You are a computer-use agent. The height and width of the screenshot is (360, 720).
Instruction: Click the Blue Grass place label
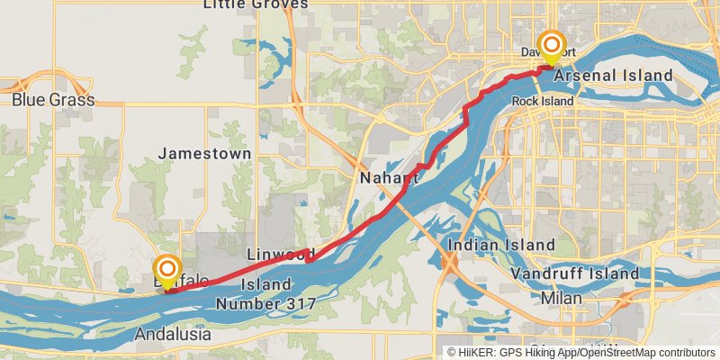[x=53, y=100]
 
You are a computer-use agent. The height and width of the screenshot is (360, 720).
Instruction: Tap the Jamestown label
[x=204, y=154]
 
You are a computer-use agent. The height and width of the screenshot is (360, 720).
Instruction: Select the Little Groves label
[x=256, y=4]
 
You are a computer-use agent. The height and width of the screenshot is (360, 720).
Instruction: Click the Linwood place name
[x=280, y=255]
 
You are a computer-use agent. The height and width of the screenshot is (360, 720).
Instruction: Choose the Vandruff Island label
[x=574, y=273]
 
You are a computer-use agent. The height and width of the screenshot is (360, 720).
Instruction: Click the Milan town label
[x=562, y=298]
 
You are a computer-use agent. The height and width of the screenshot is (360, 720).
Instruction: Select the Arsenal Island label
[x=613, y=75]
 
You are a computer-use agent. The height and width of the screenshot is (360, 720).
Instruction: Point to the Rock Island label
[x=543, y=101]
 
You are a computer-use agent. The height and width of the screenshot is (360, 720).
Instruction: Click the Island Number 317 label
[x=265, y=294]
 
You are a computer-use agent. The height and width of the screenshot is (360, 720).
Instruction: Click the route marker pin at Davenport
[x=551, y=47]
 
